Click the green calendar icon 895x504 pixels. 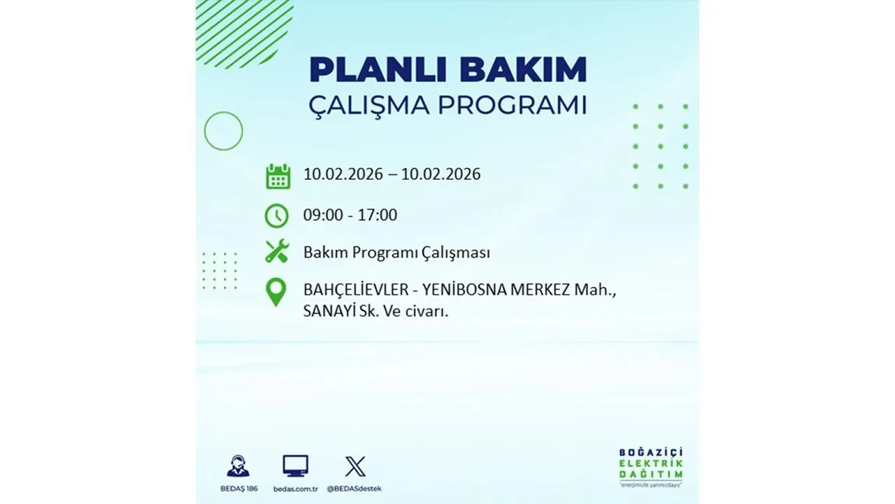coord(278,176)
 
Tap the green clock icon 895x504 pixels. coord(277,216)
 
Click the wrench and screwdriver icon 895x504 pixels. coord(277,251)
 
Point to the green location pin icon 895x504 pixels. coord(277,292)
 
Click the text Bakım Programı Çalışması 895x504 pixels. coord(396,253)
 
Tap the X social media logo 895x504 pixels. coord(355,466)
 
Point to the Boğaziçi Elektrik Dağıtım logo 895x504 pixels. coord(651,466)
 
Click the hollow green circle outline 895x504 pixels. coord(223,131)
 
